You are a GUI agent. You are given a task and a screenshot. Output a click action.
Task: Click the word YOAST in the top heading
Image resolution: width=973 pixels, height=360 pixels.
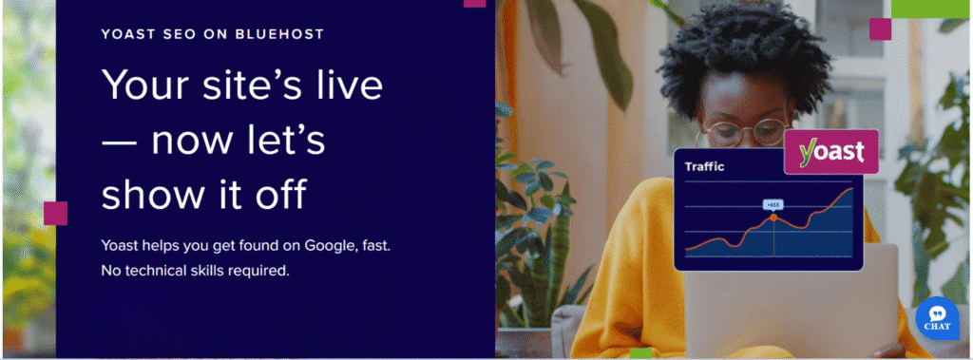point(129,34)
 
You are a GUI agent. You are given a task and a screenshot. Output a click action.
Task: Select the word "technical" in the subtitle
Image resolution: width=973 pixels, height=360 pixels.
point(164,271)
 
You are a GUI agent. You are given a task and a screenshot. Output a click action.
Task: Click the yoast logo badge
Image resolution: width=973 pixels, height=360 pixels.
point(830,152)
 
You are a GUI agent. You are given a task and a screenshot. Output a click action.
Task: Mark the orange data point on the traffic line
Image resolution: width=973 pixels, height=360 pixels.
point(773,218)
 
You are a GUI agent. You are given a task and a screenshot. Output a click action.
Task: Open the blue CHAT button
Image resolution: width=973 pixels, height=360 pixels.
point(937,318)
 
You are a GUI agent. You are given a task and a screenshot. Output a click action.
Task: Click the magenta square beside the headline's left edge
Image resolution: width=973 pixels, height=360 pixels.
point(55,214)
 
